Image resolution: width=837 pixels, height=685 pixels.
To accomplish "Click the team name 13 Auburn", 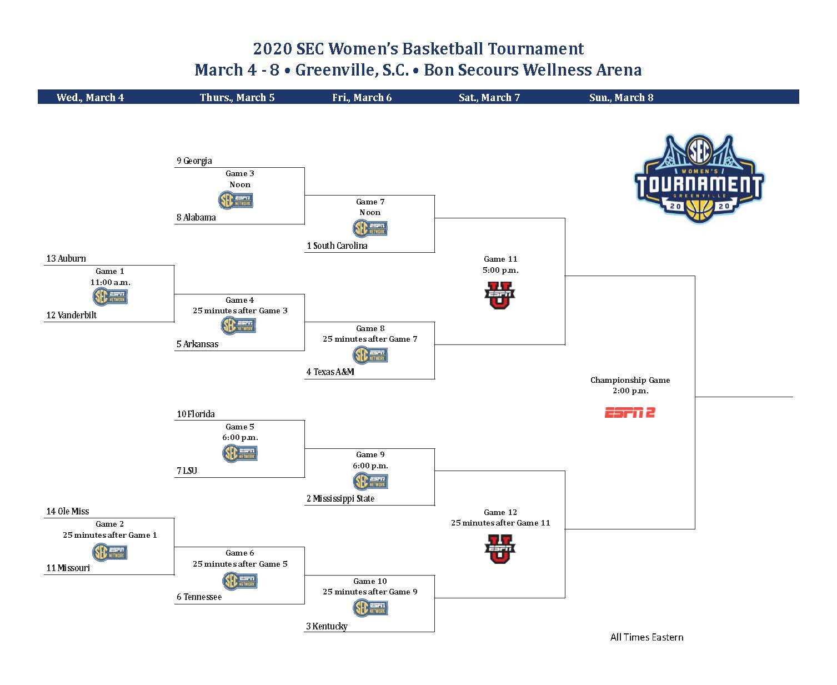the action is [66, 258].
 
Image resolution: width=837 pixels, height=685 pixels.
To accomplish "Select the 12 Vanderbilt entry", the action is [72, 315].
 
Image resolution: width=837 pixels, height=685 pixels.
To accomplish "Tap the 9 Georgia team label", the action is [194, 161].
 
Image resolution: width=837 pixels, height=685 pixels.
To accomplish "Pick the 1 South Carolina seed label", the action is [337, 246].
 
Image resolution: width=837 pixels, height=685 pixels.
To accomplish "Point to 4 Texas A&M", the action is [330, 372].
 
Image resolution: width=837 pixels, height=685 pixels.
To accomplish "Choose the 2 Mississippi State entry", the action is [340, 498].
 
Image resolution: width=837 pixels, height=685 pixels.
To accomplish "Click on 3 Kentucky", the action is [327, 626].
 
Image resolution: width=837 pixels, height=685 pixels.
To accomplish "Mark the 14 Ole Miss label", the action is [67, 511].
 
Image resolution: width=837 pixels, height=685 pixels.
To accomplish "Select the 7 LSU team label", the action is [187, 471].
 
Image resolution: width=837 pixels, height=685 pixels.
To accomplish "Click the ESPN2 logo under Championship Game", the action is [629, 413].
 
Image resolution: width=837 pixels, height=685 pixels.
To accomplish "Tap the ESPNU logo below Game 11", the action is [500, 295].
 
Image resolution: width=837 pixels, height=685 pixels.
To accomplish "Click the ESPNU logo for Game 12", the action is [500, 549].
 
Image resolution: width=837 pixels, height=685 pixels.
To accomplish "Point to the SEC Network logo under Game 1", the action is [110, 296].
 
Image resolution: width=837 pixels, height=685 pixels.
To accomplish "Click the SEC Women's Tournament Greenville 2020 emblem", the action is [699, 179].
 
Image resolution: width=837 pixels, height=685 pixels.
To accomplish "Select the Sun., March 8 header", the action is [621, 97].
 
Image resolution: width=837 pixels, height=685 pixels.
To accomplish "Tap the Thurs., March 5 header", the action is [237, 97].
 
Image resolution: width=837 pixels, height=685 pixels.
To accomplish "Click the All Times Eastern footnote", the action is [646, 637].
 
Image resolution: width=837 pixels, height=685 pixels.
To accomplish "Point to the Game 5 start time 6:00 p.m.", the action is [240, 437].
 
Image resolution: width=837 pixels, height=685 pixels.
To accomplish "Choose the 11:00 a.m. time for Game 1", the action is [111, 282].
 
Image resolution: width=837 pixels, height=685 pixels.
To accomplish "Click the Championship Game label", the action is [630, 380].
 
